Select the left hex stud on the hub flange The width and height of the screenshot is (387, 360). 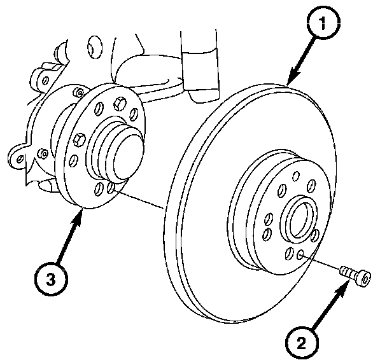coord(79,139)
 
